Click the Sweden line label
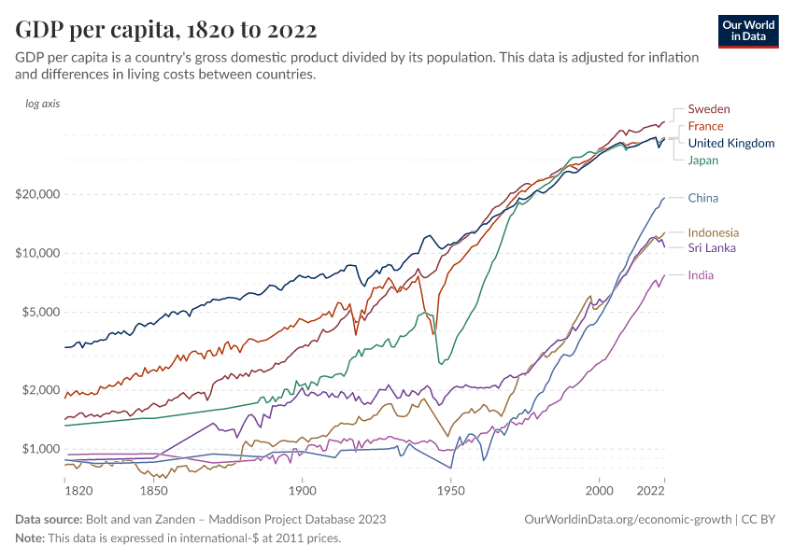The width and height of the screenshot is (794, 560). pyautogui.click(x=709, y=109)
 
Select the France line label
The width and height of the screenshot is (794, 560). pyautogui.click(x=705, y=126)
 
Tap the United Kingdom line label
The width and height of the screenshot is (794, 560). pyautogui.click(x=730, y=143)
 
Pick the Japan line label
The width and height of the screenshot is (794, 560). pyautogui.click(x=703, y=161)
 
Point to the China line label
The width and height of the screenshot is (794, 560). pyautogui.click(x=702, y=198)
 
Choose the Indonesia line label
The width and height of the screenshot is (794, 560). pyautogui.click(x=713, y=232)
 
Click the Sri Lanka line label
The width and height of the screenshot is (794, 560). pyautogui.click(x=712, y=248)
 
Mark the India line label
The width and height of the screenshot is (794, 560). pyautogui.click(x=702, y=275)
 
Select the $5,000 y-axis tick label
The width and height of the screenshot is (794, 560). pyautogui.click(x=38, y=312)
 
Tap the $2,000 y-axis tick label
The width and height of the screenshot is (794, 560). pyautogui.click(x=38, y=389)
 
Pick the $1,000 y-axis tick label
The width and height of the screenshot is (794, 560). pyautogui.click(x=38, y=449)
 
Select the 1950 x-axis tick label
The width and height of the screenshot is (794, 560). pyautogui.click(x=450, y=490)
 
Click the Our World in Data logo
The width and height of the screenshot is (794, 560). pyautogui.click(x=748, y=31)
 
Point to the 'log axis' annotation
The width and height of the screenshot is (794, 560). pyautogui.click(x=42, y=104)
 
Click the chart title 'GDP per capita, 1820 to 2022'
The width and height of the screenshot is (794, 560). pyautogui.click(x=165, y=30)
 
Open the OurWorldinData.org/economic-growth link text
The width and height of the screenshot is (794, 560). pyautogui.click(x=628, y=519)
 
